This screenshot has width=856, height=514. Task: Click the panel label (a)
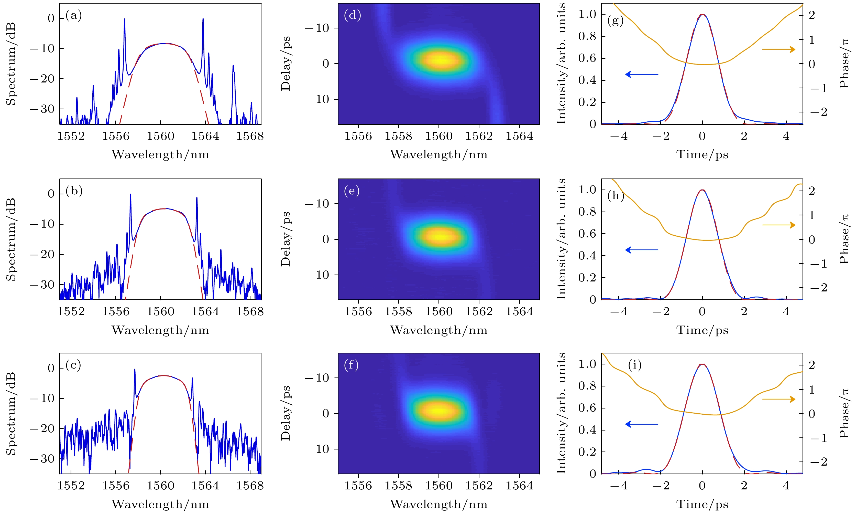[74, 16]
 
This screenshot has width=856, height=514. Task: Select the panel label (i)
[634, 365]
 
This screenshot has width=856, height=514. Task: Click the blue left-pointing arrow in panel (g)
[642, 74]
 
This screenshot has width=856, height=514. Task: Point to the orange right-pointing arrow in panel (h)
[778, 225]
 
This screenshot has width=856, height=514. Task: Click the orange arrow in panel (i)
[778, 399]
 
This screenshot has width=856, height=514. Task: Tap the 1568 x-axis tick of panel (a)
[250, 136]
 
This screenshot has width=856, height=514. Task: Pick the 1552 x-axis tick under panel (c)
[71, 486]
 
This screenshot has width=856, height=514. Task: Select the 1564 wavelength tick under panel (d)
[519, 136]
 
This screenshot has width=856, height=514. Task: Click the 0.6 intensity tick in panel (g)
[587, 58]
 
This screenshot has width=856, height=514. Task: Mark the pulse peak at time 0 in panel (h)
[702, 190]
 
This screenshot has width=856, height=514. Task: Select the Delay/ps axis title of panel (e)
[286, 239]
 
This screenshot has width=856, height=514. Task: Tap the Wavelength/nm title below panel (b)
[160, 330]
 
